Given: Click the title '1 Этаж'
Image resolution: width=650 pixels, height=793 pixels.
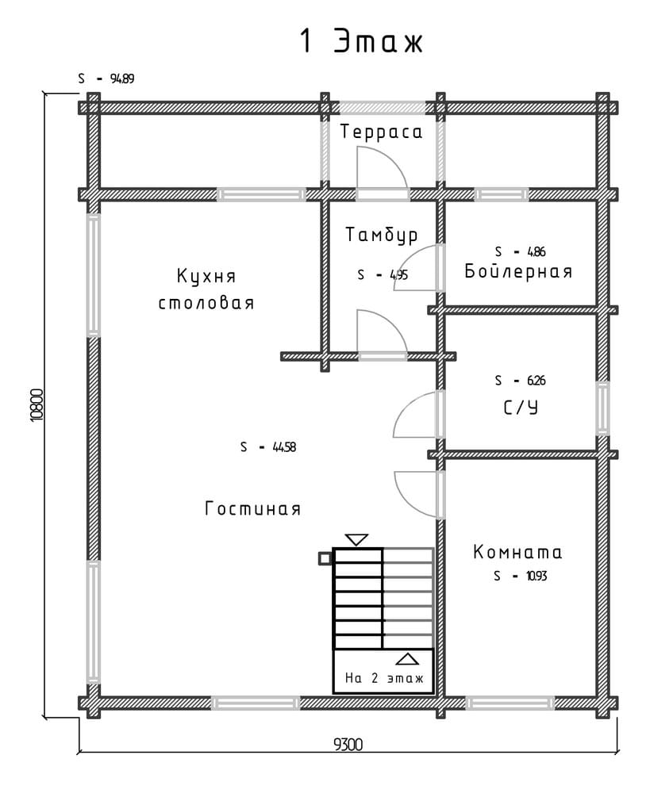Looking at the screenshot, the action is (361, 41).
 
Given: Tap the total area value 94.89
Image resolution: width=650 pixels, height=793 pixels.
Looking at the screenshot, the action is (122, 79).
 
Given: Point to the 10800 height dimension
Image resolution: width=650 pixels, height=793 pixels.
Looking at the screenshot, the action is (37, 404).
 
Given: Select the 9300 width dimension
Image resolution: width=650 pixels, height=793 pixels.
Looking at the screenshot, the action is (348, 745).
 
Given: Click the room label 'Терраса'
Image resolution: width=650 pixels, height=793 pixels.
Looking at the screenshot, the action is (381, 132).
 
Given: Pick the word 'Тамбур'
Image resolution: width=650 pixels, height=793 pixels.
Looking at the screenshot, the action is (382, 235).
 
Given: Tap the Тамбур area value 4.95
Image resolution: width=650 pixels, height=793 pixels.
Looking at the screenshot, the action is (398, 275).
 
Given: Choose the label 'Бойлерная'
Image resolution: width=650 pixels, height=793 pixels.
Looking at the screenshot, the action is (518, 271).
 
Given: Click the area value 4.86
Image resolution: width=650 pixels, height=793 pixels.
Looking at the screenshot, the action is (536, 251).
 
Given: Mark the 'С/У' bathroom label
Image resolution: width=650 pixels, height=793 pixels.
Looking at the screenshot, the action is (521, 407).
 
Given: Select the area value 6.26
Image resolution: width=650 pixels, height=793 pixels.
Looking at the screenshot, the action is (536, 381).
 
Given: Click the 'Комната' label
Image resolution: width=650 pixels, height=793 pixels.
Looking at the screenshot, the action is (517, 552).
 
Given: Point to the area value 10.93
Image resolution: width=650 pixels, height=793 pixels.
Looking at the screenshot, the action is (537, 576).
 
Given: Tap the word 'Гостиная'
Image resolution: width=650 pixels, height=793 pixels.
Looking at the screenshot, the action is (252, 508).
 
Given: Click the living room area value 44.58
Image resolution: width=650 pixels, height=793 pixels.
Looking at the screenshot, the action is (284, 447).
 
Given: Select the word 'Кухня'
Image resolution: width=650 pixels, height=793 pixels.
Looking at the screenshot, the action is (206, 276).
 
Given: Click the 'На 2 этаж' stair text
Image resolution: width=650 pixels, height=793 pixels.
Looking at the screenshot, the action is (383, 678).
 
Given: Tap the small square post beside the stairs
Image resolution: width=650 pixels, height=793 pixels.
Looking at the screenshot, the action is (325, 558).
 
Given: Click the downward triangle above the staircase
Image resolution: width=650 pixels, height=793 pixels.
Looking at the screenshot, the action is (356, 539).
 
